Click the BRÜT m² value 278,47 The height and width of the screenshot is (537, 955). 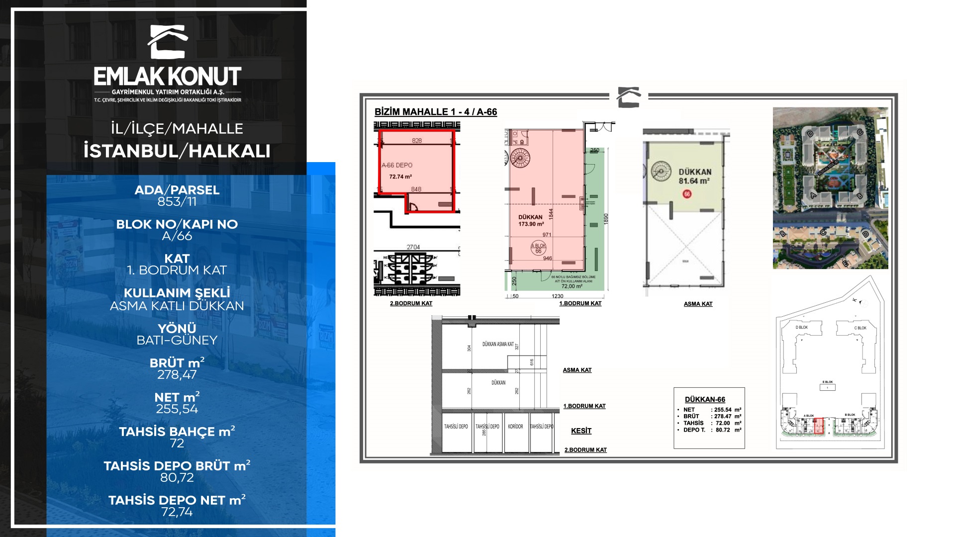pyautogui.click(x=177, y=375)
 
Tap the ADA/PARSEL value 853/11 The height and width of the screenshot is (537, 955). pyautogui.click(x=177, y=202)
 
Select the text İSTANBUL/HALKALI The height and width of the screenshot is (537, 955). pyautogui.click(x=177, y=151)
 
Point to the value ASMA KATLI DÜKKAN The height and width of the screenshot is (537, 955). pyautogui.click(x=177, y=306)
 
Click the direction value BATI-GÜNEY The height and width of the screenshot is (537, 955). pyautogui.click(x=177, y=341)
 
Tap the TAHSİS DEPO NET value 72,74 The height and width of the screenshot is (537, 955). pyautogui.click(x=177, y=512)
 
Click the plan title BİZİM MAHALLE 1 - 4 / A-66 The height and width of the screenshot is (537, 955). pyautogui.click(x=436, y=112)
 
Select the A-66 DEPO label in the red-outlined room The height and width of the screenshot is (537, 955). pyautogui.click(x=397, y=165)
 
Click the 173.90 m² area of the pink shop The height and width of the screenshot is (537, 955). pyautogui.click(x=530, y=224)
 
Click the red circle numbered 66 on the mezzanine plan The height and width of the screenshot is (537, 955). pyautogui.click(x=687, y=194)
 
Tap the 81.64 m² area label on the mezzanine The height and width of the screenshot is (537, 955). pyautogui.click(x=694, y=181)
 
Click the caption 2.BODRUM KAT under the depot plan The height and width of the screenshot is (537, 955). pyautogui.click(x=411, y=303)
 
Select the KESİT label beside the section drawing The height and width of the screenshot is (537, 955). pyautogui.click(x=581, y=431)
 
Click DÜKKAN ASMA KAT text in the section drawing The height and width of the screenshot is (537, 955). pyautogui.click(x=498, y=344)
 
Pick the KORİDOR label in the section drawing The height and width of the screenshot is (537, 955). pyautogui.click(x=515, y=427)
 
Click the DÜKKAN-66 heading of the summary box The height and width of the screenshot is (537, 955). pyautogui.click(x=705, y=400)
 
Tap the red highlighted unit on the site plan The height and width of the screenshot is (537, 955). pyautogui.click(x=819, y=426)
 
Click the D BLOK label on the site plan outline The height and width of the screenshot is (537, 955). pyautogui.click(x=802, y=328)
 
